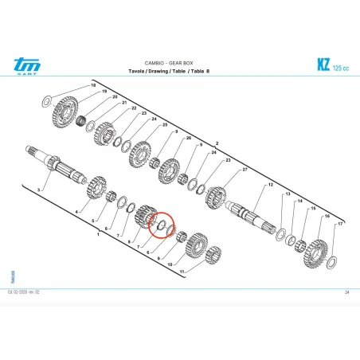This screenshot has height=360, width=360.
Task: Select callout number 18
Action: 92,84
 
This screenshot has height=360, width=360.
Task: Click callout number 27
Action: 245,170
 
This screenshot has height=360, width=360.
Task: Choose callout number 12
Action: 270,185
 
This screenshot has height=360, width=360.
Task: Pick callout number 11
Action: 182,272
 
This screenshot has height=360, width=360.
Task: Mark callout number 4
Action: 77,211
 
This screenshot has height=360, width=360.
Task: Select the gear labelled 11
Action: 210,256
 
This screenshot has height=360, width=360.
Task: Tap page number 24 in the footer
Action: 347,292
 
